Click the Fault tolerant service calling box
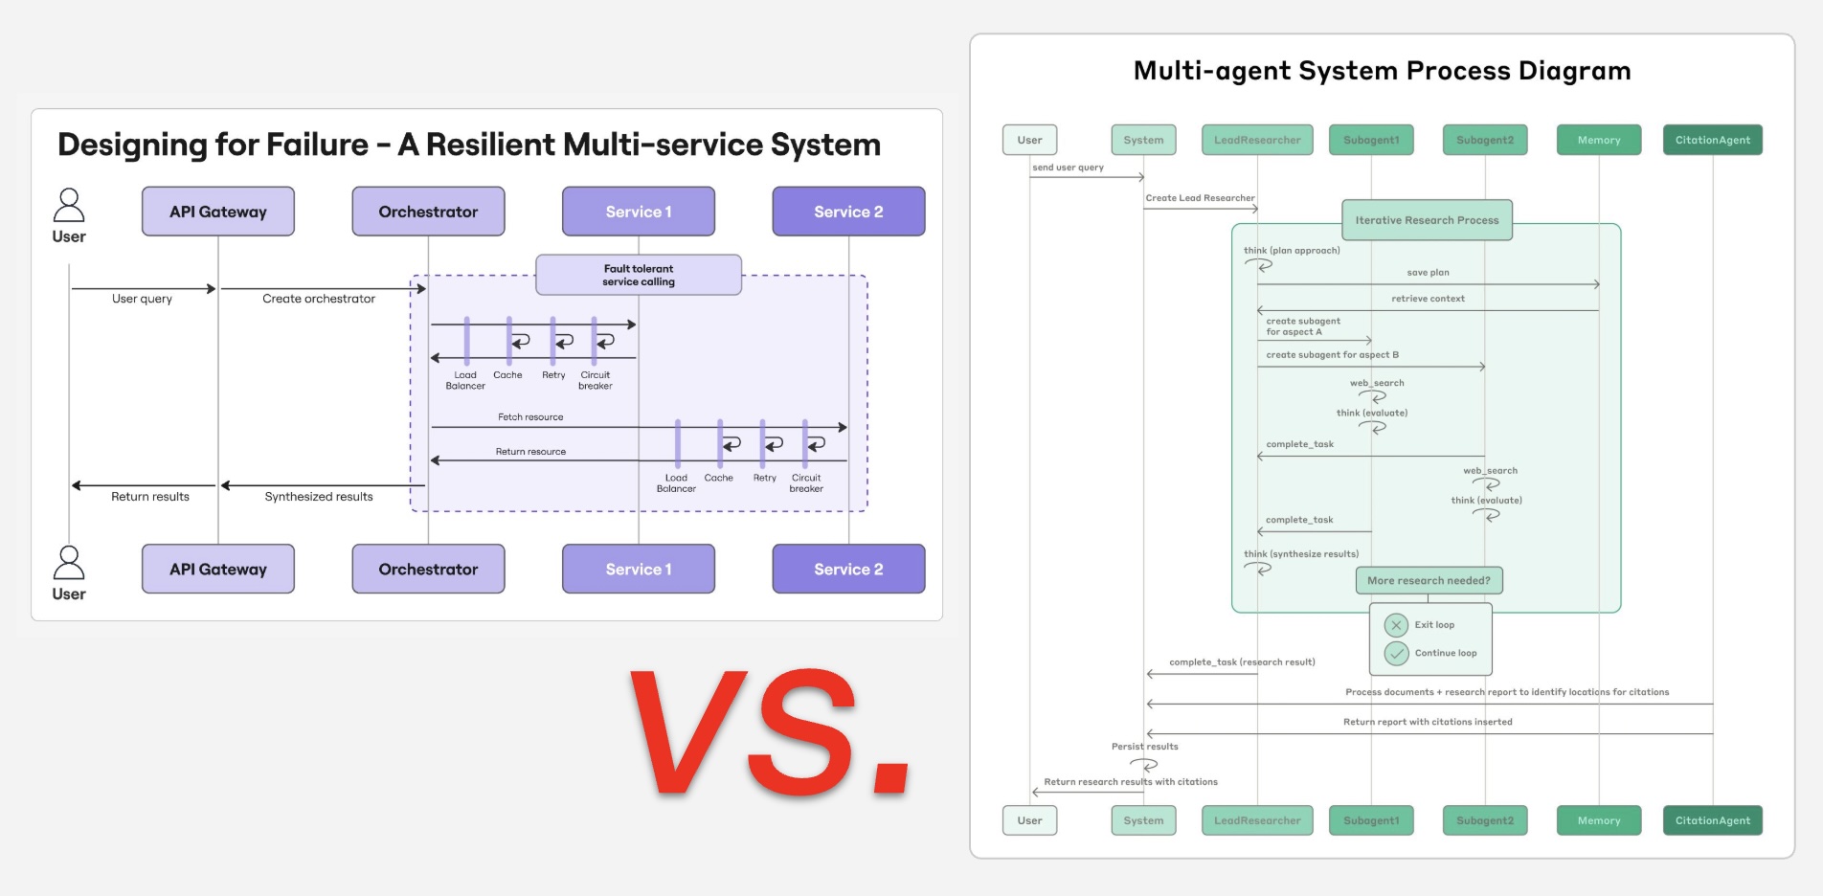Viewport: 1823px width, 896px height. (x=639, y=275)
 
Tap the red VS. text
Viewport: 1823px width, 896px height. (x=772, y=734)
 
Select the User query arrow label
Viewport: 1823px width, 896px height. (x=142, y=299)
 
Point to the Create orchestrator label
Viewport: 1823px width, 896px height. (x=319, y=299)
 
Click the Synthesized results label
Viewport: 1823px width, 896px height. (x=319, y=497)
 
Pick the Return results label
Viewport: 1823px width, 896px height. (x=150, y=497)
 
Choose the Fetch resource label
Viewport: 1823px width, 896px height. (x=530, y=417)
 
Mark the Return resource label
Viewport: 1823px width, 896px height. (x=530, y=452)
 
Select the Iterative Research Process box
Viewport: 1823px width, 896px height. (x=1427, y=220)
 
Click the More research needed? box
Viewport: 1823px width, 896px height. (x=1429, y=581)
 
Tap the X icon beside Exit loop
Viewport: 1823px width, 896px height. (x=1396, y=625)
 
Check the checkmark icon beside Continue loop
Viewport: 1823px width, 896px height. (x=1396, y=653)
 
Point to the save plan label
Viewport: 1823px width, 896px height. (x=1428, y=273)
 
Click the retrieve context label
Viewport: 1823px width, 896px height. (x=1428, y=299)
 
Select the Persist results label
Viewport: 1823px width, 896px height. (x=1144, y=747)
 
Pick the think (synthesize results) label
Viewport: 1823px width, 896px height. (x=1300, y=554)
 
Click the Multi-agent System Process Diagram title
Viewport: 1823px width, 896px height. (x=1382, y=71)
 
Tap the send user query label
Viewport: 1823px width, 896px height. (x=1068, y=168)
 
